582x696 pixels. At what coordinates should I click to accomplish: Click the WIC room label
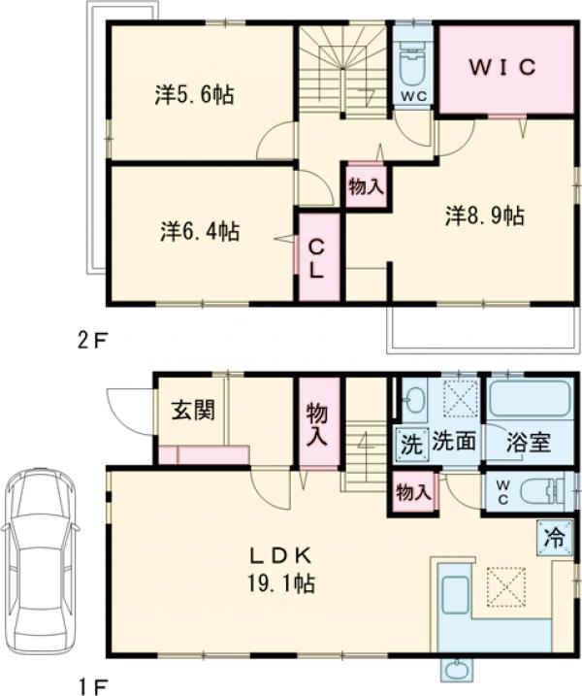pyautogui.click(x=503, y=67)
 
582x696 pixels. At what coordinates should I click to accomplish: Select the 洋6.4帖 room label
pyautogui.click(x=200, y=232)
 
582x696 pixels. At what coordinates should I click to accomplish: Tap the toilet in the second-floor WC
pyautogui.click(x=412, y=65)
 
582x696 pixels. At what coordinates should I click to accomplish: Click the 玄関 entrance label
pyautogui.click(x=192, y=409)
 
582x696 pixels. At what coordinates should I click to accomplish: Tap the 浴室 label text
pyautogui.click(x=529, y=444)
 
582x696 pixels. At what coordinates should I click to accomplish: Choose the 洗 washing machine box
pyautogui.click(x=411, y=444)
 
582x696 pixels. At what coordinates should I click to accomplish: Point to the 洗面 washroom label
pyautogui.click(x=453, y=444)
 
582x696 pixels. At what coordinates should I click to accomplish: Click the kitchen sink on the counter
pyautogui.click(x=454, y=592)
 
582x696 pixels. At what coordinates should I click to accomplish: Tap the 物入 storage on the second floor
pyautogui.click(x=365, y=187)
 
